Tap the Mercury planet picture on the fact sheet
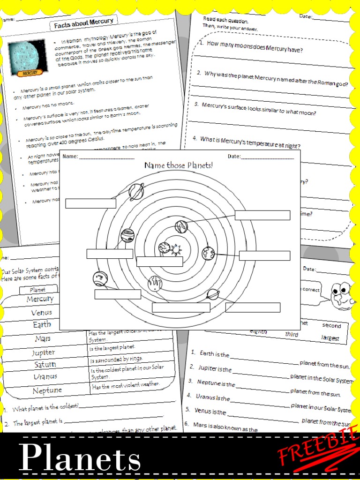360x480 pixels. tap(28, 57)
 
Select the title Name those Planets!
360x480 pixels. tap(179, 165)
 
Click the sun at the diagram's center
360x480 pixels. tap(176, 249)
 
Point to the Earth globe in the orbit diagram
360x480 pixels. tap(208, 254)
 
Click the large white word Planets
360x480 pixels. tap(80, 457)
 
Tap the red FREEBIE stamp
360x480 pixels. tap(319, 450)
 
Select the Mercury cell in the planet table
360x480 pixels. tap(40, 299)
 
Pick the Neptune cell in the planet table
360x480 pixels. tap(47, 390)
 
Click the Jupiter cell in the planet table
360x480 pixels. tap(44, 352)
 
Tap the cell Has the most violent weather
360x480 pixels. tap(126, 384)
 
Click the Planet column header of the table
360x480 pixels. tap(37, 290)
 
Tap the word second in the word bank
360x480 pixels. tap(331, 325)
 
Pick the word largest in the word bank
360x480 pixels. tap(330, 337)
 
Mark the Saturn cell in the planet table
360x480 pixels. tap(45, 364)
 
